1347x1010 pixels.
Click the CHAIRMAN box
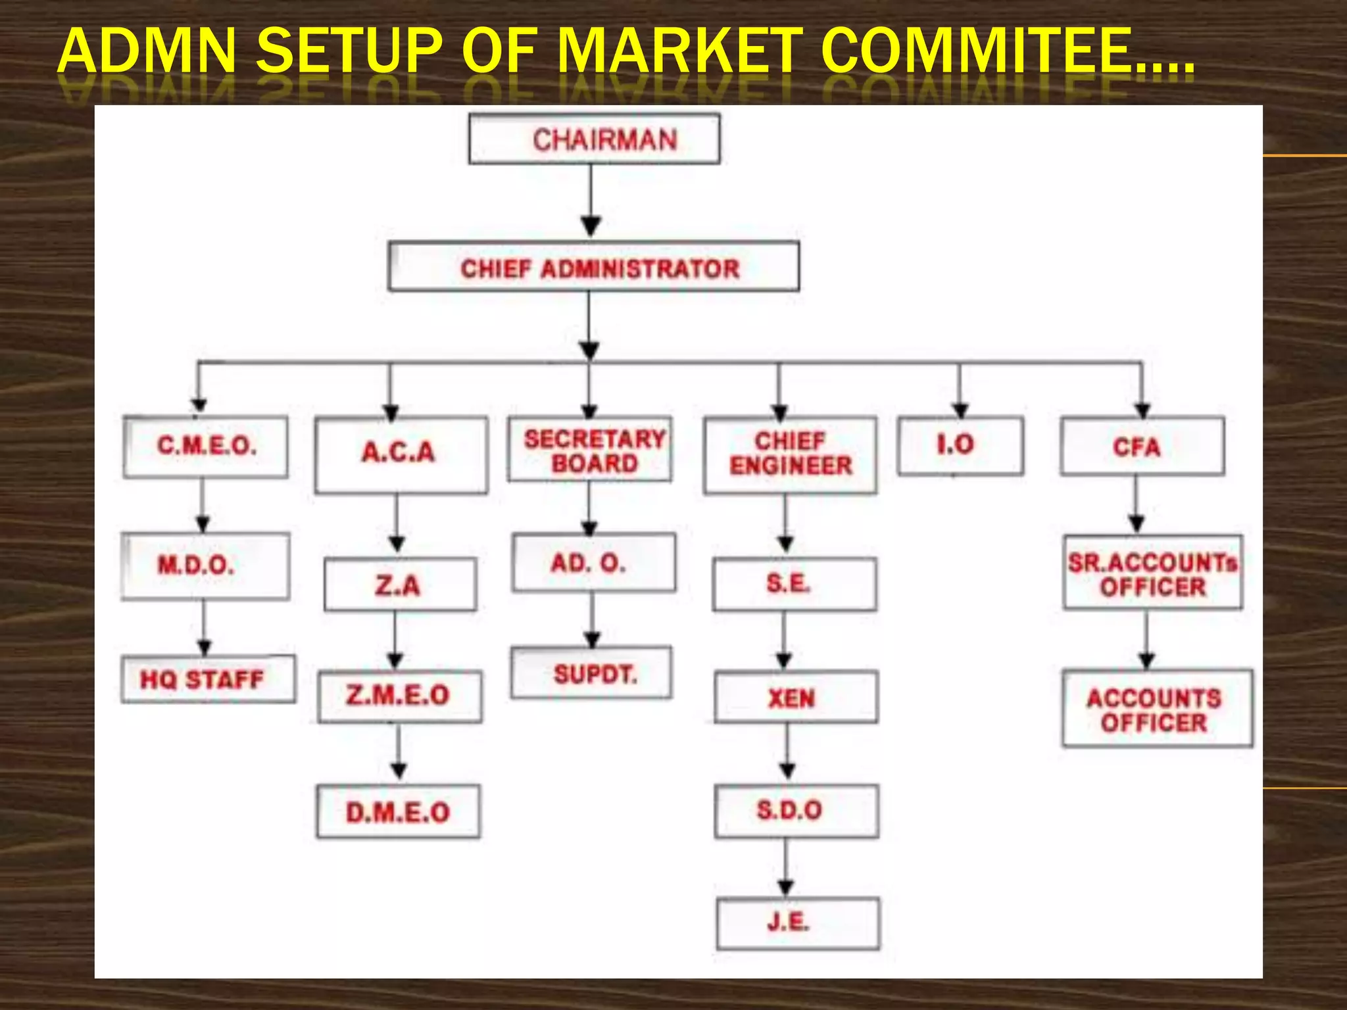[594, 139]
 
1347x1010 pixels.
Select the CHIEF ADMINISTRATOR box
[593, 267]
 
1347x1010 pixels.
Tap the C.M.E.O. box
[205, 446]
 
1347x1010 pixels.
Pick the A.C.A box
[401, 455]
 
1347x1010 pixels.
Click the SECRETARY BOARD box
[590, 449]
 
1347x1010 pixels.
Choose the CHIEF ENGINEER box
[790, 455]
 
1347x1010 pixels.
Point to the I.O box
[961, 446]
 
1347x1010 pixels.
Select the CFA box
[1142, 446]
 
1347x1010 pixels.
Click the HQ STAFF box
[208, 679]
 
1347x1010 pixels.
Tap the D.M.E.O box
[398, 811]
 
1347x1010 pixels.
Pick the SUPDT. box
[591, 673]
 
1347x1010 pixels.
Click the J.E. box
[798, 924]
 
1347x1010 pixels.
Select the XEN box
[796, 697]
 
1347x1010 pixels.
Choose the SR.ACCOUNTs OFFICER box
[1153, 573]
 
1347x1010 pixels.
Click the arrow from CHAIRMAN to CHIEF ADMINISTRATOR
[591, 201]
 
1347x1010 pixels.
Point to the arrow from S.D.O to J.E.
[786, 868]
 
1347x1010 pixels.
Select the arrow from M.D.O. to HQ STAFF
[204, 628]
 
